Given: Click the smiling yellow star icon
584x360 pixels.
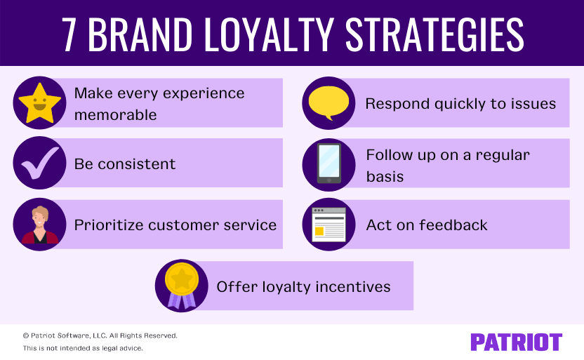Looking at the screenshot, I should [x=39, y=103].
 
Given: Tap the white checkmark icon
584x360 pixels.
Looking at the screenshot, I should [x=39, y=164].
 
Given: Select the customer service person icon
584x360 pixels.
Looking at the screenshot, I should [x=39, y=225].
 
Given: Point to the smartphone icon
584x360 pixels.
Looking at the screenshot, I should [x=328, y=164].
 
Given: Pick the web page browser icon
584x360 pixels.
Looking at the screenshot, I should [x=328, y=225].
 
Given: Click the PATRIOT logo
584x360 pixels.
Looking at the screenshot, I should [x=516, y=342].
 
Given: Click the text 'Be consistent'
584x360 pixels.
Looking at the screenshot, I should [x=125, y=164].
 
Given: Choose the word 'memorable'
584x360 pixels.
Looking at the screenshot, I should [x=115, y=114].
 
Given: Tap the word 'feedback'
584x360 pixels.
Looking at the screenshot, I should [x=453, y=225].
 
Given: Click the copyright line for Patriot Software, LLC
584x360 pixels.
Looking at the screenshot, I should [x=100, y=335].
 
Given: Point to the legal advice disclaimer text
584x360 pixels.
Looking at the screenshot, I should [x=83, y=348].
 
